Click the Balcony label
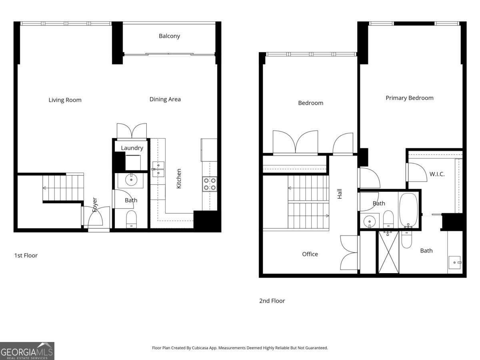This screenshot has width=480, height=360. point(169,36)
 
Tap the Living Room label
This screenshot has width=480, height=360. point(65,100)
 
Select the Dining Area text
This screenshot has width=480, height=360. point(165,99)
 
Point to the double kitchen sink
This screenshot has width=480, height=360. point(158,169)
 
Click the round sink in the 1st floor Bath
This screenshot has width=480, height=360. point(131,180)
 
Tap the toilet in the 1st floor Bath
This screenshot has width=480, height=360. point(131,219)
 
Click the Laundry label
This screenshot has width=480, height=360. point(132,148)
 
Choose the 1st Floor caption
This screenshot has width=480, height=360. point(26,255)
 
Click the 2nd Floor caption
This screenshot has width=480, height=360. point(272,301)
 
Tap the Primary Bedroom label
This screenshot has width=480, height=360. point(409,98)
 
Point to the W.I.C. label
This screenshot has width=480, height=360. point(437,174)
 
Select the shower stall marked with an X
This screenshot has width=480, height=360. point(388,253)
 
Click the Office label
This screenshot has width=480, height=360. point(310,254)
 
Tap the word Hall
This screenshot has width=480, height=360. point(340,194)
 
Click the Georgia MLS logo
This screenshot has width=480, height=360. point(27,351)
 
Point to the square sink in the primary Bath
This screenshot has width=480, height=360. point(454,262)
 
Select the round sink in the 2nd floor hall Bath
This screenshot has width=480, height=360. point(369,221)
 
